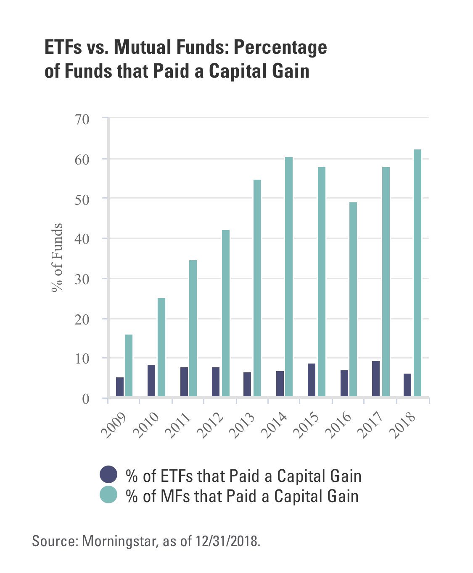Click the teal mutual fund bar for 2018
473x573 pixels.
click(x=417, y=273)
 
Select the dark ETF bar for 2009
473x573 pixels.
click(x=120, y=387)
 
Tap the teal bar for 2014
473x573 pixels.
click(x=289, y=277)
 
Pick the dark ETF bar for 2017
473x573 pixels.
click(x=376, y=378)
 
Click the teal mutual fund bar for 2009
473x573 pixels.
click(x=129, y=365)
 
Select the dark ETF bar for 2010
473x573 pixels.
click(x=151, y=380)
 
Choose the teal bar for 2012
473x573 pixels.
click(x=226, y=313)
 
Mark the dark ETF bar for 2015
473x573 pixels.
click(x=312, y=379)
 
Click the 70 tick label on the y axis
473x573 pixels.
click(x=82, y=119)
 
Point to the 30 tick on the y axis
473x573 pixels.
click(x=82, y=279)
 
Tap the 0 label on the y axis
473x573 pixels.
click(x=86, y=399)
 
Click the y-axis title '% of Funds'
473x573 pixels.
click(x=57, y=258)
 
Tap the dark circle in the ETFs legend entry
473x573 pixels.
click(x=108, y=475)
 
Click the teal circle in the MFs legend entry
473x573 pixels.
click(x=108, y=495)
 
